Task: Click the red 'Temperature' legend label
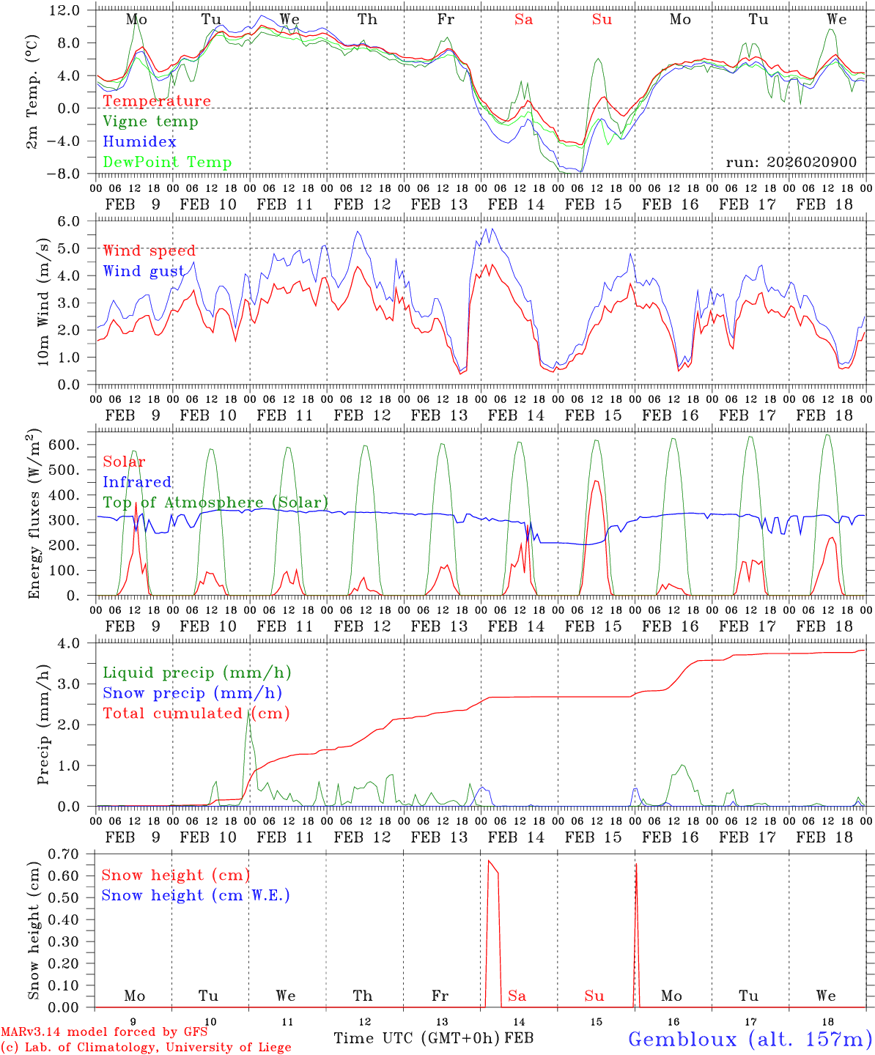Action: (157, 101)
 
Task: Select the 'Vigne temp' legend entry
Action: (150, 122)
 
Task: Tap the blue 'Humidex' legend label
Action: (139, 142)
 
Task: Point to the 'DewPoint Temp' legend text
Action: (167, 163)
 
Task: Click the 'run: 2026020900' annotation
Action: (791, 163)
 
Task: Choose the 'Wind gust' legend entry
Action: (144, 272)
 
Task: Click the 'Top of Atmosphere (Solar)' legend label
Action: (215, 503)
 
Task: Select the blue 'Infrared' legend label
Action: (137, 482)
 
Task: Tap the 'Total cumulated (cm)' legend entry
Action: (196, 714)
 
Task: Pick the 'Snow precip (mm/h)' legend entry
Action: (192, 693)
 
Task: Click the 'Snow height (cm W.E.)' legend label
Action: (196, 895)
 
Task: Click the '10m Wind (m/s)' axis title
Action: (43, 302)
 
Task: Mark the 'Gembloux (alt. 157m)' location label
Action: (749, 1039)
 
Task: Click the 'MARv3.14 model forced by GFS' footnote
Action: (103, 1032)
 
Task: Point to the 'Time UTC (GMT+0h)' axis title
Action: (416, 1038)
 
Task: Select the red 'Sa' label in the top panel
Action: (523, 20)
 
